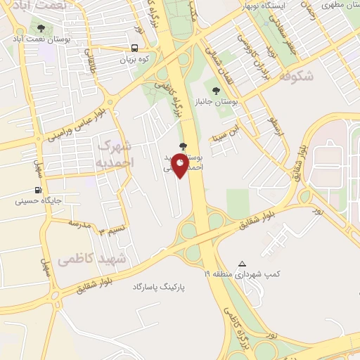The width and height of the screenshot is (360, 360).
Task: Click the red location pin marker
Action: click(x=181, y=166)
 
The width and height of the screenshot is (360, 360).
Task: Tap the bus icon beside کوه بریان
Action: click(x=134, y=49)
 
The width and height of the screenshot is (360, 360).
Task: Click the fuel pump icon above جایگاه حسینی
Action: click(x=37, y=190)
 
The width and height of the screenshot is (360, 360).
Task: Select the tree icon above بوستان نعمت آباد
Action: click(x=41, y=29)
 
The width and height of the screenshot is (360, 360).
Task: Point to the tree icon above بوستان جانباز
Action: click(x=216, y=90)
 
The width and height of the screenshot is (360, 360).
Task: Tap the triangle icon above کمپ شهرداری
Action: click(x=242, y=263)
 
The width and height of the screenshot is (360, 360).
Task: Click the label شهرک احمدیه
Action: click(x=112, y=153)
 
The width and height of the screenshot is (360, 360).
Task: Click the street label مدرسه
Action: click(x=80, y=224)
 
